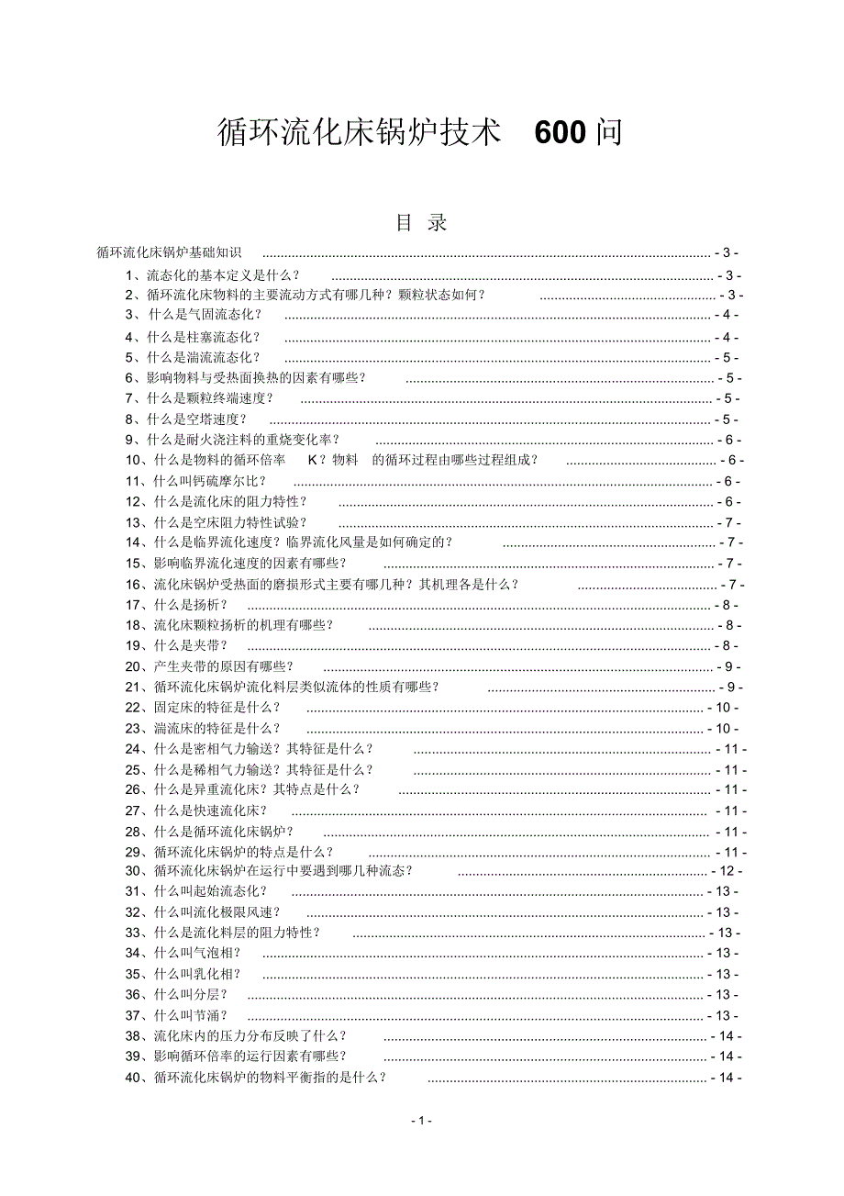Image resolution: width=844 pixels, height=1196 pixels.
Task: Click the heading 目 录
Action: (421, 222)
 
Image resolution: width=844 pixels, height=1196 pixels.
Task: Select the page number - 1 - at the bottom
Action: (422, 1120)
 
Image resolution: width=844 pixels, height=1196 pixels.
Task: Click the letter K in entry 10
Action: (313, 460)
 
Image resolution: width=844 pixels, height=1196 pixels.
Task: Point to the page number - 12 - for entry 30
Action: (726, 871)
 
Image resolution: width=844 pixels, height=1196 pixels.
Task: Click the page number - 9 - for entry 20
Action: (728, 667)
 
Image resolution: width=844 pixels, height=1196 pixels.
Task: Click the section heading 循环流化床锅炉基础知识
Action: (169, 252)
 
